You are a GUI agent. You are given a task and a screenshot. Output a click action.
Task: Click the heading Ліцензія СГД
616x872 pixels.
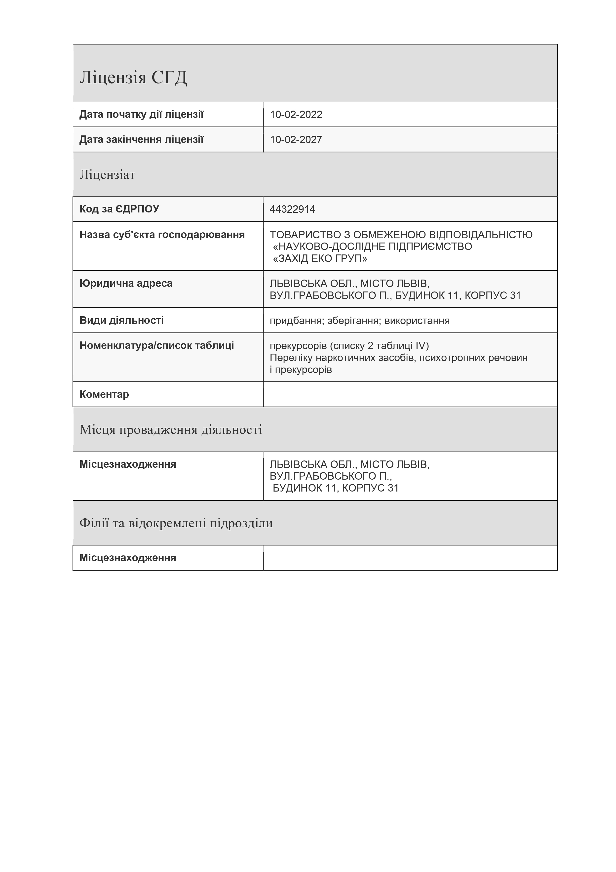point(133,78)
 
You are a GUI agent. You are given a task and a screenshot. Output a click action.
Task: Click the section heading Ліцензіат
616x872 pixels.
point(107,175)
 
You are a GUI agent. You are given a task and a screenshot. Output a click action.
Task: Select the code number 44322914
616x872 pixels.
point(292,209)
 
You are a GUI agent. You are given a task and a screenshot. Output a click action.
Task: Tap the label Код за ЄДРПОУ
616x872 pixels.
point(119,209)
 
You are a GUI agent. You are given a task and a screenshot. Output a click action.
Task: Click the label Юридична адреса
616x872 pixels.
point(126,283)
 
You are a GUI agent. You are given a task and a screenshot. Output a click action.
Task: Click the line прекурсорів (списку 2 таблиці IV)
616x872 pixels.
point(349,346)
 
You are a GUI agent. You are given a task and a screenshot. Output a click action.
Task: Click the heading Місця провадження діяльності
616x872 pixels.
point(171,430)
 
